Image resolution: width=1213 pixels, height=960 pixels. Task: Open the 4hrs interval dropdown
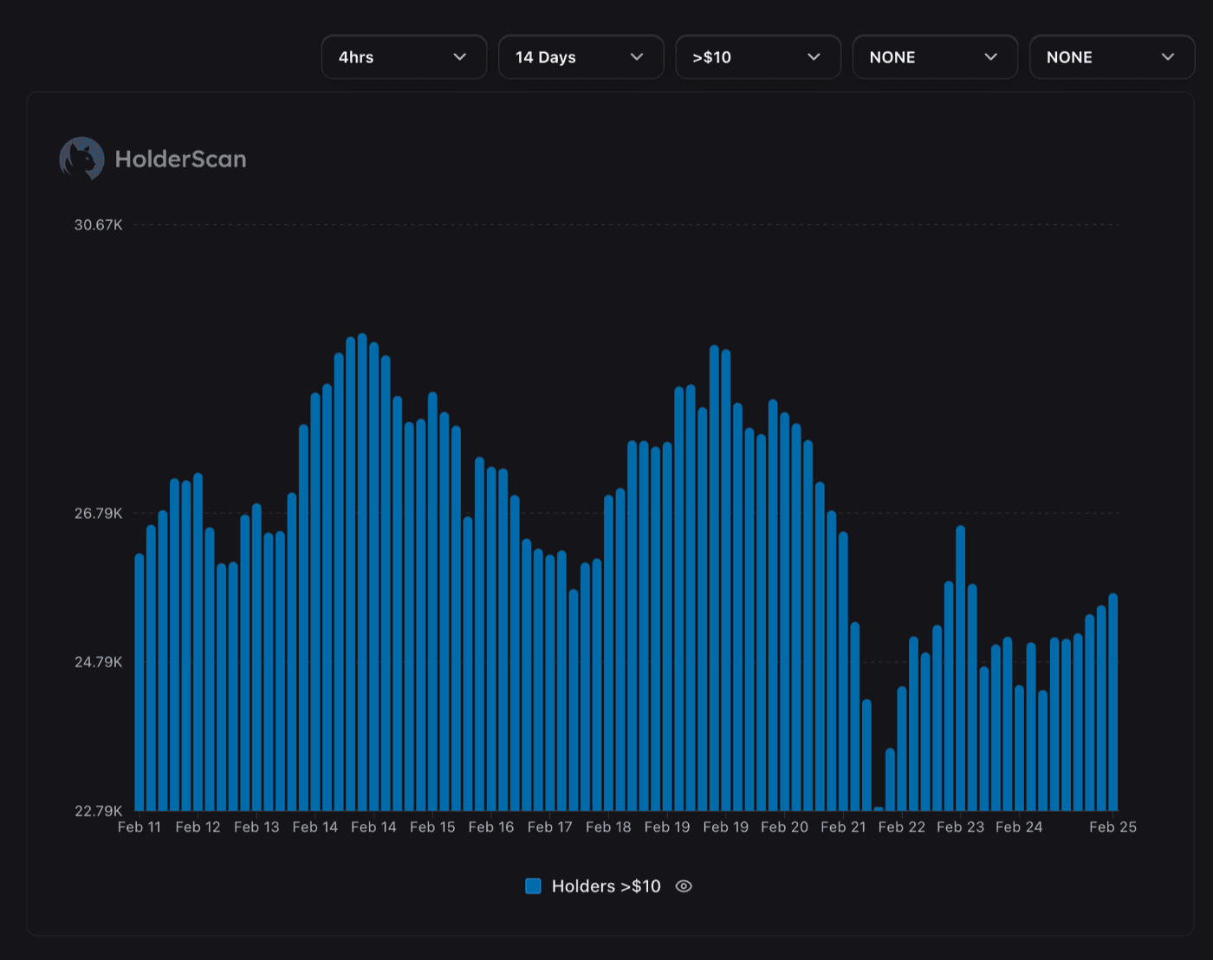(404, 57)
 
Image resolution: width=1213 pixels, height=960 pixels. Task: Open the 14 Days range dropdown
(581, 57)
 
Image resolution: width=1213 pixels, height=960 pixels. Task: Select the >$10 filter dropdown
(757, 57)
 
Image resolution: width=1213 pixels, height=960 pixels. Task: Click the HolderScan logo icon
(81, 159)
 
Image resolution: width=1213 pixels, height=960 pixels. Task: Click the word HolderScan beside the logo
(180, 159)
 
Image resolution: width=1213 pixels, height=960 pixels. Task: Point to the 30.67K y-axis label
(98, 225)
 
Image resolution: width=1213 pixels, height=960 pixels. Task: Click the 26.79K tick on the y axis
(98, 514)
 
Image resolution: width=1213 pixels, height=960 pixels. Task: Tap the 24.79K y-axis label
(98, 663)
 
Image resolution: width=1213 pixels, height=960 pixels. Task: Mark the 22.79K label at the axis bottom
(98, 811)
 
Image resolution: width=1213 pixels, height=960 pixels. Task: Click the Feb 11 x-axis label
(139, 827)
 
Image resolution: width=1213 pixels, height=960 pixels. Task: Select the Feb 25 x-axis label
(1112, 827)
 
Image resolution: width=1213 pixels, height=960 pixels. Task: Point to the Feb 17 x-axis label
(549, 827)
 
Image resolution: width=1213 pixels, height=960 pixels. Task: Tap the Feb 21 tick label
(843, 827)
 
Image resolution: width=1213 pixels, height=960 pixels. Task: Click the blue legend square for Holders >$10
(534, 886)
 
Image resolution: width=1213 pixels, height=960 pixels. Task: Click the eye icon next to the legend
(684, 886)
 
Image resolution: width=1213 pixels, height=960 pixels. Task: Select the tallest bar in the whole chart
(362, 572)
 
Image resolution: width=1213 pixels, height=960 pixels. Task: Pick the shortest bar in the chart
(879, 808)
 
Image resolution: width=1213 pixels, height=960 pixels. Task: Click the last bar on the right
(1113, 702)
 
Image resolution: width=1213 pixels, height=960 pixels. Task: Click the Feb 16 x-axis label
(490, 827)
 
